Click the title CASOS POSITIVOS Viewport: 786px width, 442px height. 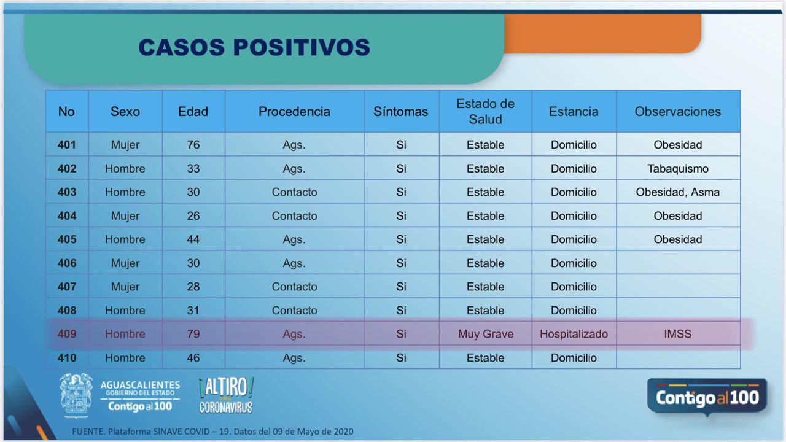point(254,47)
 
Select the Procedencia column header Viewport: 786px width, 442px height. point(294,112)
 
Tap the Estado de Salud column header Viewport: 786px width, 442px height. point(486,112)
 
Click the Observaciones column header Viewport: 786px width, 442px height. point(678,112)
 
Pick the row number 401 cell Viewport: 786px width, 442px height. point(67,144)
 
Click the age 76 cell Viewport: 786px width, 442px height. point(193,144)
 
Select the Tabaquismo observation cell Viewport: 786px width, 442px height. point(678,168)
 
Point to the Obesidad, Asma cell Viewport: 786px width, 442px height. point(678,192)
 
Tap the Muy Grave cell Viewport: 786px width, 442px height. point(486,334)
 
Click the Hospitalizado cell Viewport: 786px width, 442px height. point(574,334)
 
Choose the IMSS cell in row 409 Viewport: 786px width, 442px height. point(678,334)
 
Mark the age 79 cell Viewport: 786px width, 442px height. point(193,334)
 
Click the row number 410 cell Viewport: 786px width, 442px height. point(67,358)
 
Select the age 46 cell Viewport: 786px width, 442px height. point(193,358)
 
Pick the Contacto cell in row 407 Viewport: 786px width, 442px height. point(294,287)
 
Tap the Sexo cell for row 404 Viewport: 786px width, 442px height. point(125,215)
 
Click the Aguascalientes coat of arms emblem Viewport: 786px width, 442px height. point(76,396)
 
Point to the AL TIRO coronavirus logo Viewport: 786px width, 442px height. point(226,395)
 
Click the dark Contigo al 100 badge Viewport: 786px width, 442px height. point(707,397)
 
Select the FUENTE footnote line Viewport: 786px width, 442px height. point(212,432)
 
